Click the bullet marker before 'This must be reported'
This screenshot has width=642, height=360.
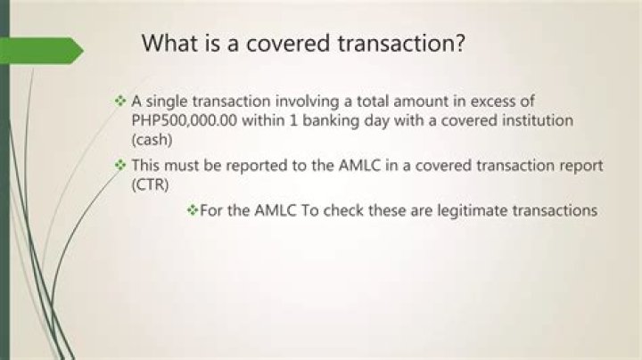(x=120, y=165)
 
